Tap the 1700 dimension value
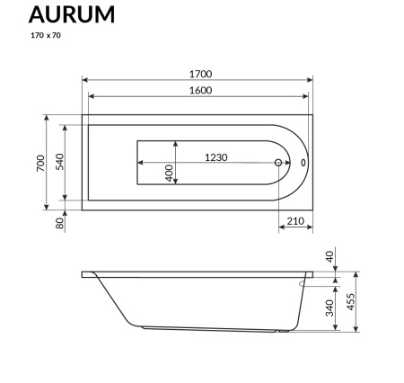(x=200, y=74)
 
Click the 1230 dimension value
(x=215, y=157)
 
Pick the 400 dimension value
(x=169, y=174)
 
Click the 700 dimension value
(x=40, y=163)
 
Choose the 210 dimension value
(x=295, y=221)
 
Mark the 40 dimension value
(x=329, y=257)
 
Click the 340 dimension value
(x=329, y=308)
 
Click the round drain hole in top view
(x=279, y=164)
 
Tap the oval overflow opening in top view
(x=303, y=164)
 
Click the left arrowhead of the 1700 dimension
(x=86, y=82)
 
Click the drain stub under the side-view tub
(x=282, y=332)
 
